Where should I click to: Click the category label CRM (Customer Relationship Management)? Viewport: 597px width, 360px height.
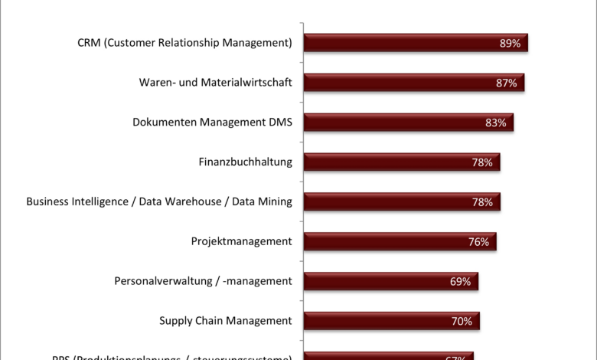click(x=184, y=43)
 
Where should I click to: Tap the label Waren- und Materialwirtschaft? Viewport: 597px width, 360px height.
click(x=215, y=83)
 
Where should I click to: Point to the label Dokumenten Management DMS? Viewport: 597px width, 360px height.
click(x=212, y=123)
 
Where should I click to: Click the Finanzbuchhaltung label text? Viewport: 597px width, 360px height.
click(x=245, y=162)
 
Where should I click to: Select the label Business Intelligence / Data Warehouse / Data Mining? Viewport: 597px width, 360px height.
click(x=159, y=202)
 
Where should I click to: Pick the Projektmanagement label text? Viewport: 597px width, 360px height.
click(x=241, y=242)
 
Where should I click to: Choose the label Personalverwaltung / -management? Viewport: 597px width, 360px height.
click(x=203, y=282)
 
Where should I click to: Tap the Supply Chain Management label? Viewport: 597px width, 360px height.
click(x=225, y=322)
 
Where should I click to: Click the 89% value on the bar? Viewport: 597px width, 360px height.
click(x=510, y=44)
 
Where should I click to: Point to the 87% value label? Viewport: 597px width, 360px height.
click(x=506, y=83)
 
